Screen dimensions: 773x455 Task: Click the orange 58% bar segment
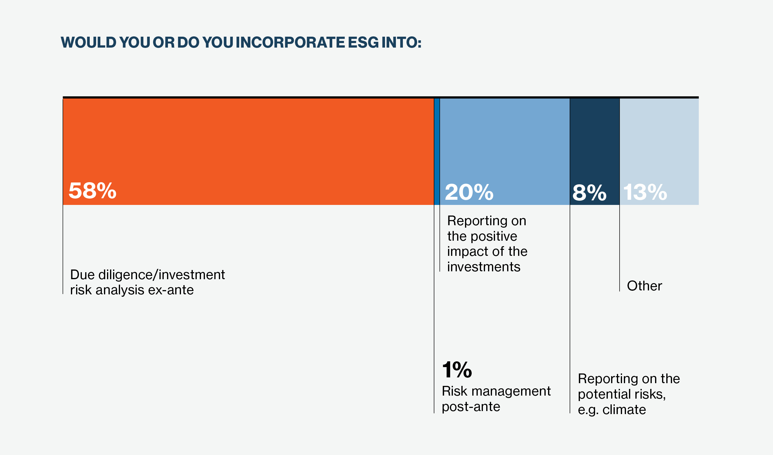[x=248, y=152]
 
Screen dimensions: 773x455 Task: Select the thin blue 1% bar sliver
[x=437, y=152]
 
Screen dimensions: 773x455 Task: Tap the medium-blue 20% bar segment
[x=505, y=152]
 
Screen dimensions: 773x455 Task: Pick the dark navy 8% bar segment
[x=594, y=152]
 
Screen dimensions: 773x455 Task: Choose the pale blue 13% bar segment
[x=659, y=152]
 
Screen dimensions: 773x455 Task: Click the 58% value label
[x=92, y=191]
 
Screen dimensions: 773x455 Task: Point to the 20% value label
[x=469, y=192]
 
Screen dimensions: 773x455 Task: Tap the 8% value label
[x=589, y=193]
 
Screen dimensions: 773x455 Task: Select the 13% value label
[x=645, y=192]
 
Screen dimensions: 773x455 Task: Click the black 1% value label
[x=457, y=370]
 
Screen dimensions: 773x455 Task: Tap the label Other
[x=644, y=286]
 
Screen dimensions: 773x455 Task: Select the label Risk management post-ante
[x=496, y=399]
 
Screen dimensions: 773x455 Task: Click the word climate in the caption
[x=624, y=410]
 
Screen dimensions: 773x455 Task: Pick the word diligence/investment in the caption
[x=162, y=275]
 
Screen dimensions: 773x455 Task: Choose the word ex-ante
[x=171, y=290]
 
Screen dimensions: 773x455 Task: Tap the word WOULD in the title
[x=88, y=42]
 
